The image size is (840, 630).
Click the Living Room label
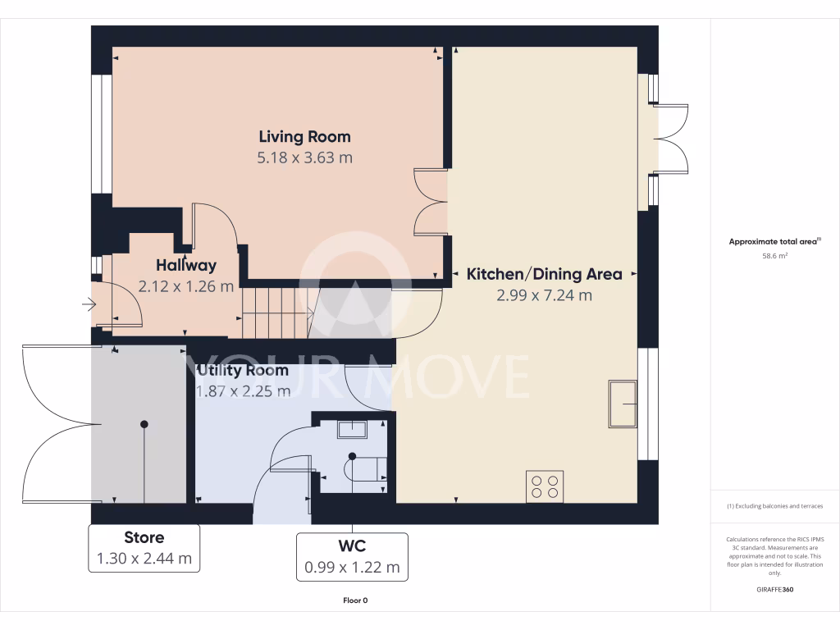[x=304, y=137]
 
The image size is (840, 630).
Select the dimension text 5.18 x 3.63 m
[x=304, y=157]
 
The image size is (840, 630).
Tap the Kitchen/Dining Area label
[x=544, y=274]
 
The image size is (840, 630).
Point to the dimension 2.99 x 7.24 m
[x=544, y=295]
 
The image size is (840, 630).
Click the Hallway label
[x=186, y=265]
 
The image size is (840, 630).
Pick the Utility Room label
[x=243, y=370]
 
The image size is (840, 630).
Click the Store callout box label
[x=144, y=537]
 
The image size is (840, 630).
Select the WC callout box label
[x=352, y=546]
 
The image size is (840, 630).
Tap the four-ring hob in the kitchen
[x=545, y=485]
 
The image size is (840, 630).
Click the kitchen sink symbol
[x=623, y=404]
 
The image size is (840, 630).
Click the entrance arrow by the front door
[x=89, y=306]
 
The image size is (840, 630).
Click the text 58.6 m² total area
[x=775, y=256]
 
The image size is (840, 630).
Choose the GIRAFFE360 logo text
[x=775, y=589]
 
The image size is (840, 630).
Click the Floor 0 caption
[x=355, y=600]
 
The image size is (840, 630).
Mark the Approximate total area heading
[x=774, y=241]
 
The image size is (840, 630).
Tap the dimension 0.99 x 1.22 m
[x=352, y=567]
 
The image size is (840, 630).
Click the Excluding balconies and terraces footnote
[x=775, y=506]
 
